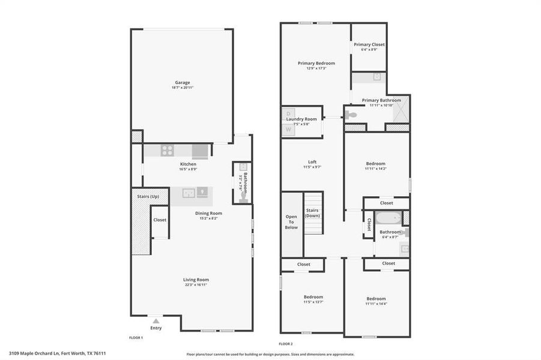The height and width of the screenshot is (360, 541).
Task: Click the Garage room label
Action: (183, 82)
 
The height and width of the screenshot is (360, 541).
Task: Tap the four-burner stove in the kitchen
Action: (167, 151)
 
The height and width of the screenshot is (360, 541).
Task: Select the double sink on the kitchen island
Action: (190, 193)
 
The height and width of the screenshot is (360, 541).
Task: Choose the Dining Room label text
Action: (208, 213)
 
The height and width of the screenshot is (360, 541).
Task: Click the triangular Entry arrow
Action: (156, 320)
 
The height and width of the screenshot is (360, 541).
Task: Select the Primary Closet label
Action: (369, 44)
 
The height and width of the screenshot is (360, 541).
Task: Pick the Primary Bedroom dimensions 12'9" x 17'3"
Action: (316, 68)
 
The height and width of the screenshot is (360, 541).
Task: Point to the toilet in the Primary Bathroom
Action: (351, 115)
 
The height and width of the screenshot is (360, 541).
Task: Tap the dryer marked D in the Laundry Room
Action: (288, 113)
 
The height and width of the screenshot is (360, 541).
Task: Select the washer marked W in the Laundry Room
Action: (288, 129)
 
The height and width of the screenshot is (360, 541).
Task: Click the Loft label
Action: (312, 161)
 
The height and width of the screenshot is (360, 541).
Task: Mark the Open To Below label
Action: (291, 222)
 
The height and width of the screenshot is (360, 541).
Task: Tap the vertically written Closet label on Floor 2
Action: (369, 224)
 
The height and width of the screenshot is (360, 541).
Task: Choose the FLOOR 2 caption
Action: (286, 344)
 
